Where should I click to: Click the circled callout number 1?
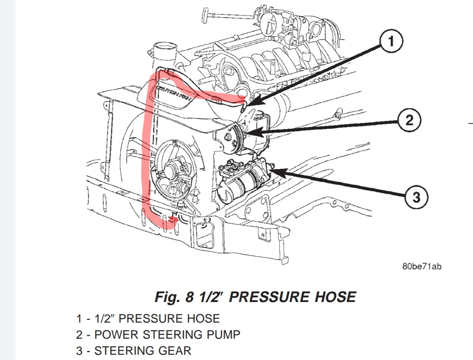point(391,41)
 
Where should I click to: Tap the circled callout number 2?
point(409,120)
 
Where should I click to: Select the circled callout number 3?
point(416,197)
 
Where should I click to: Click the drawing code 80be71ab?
point(422,267)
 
